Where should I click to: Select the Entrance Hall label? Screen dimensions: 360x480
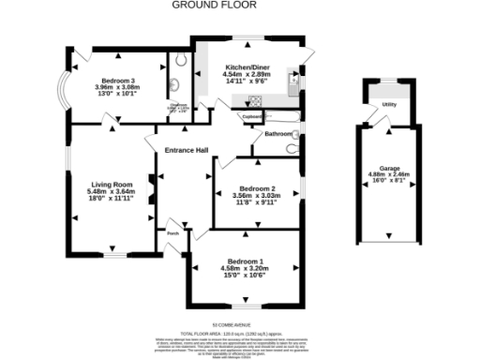[x=187, y=150]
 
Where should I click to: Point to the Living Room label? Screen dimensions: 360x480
[x=112, y=185]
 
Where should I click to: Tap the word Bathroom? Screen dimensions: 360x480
[x=278, y=134]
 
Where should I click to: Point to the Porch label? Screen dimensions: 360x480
[x=172, y=233]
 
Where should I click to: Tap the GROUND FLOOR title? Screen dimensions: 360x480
[x=203, y=5]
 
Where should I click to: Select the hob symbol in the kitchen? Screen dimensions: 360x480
[x=255, y=103]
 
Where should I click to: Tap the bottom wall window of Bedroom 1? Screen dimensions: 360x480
[x=246, y=306]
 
